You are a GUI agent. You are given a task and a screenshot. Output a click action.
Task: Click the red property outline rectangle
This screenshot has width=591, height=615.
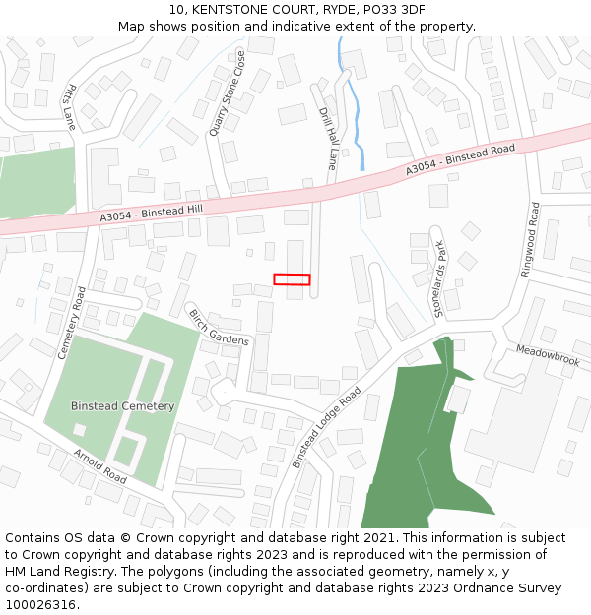pyautogui.click(x=292, y=279)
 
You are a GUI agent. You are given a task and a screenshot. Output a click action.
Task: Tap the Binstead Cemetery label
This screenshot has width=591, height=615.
pyautogui.click(x=122, y=406)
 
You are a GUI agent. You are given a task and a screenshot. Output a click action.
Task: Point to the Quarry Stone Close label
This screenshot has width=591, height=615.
pyautogui.click(x=228, y=95)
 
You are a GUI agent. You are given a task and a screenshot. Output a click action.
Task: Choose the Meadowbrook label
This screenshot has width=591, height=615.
pyautogui.click(x=548, y=355)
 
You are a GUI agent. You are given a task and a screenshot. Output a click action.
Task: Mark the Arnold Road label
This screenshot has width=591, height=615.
pyautogui.click(x=100, y=466)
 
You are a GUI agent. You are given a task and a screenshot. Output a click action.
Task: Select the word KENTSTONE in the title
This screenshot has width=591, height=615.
pyautogui.click(x=230, y=9)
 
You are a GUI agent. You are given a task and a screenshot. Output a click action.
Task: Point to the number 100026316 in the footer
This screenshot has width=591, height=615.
pyautogui.click(x=42, y=605)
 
